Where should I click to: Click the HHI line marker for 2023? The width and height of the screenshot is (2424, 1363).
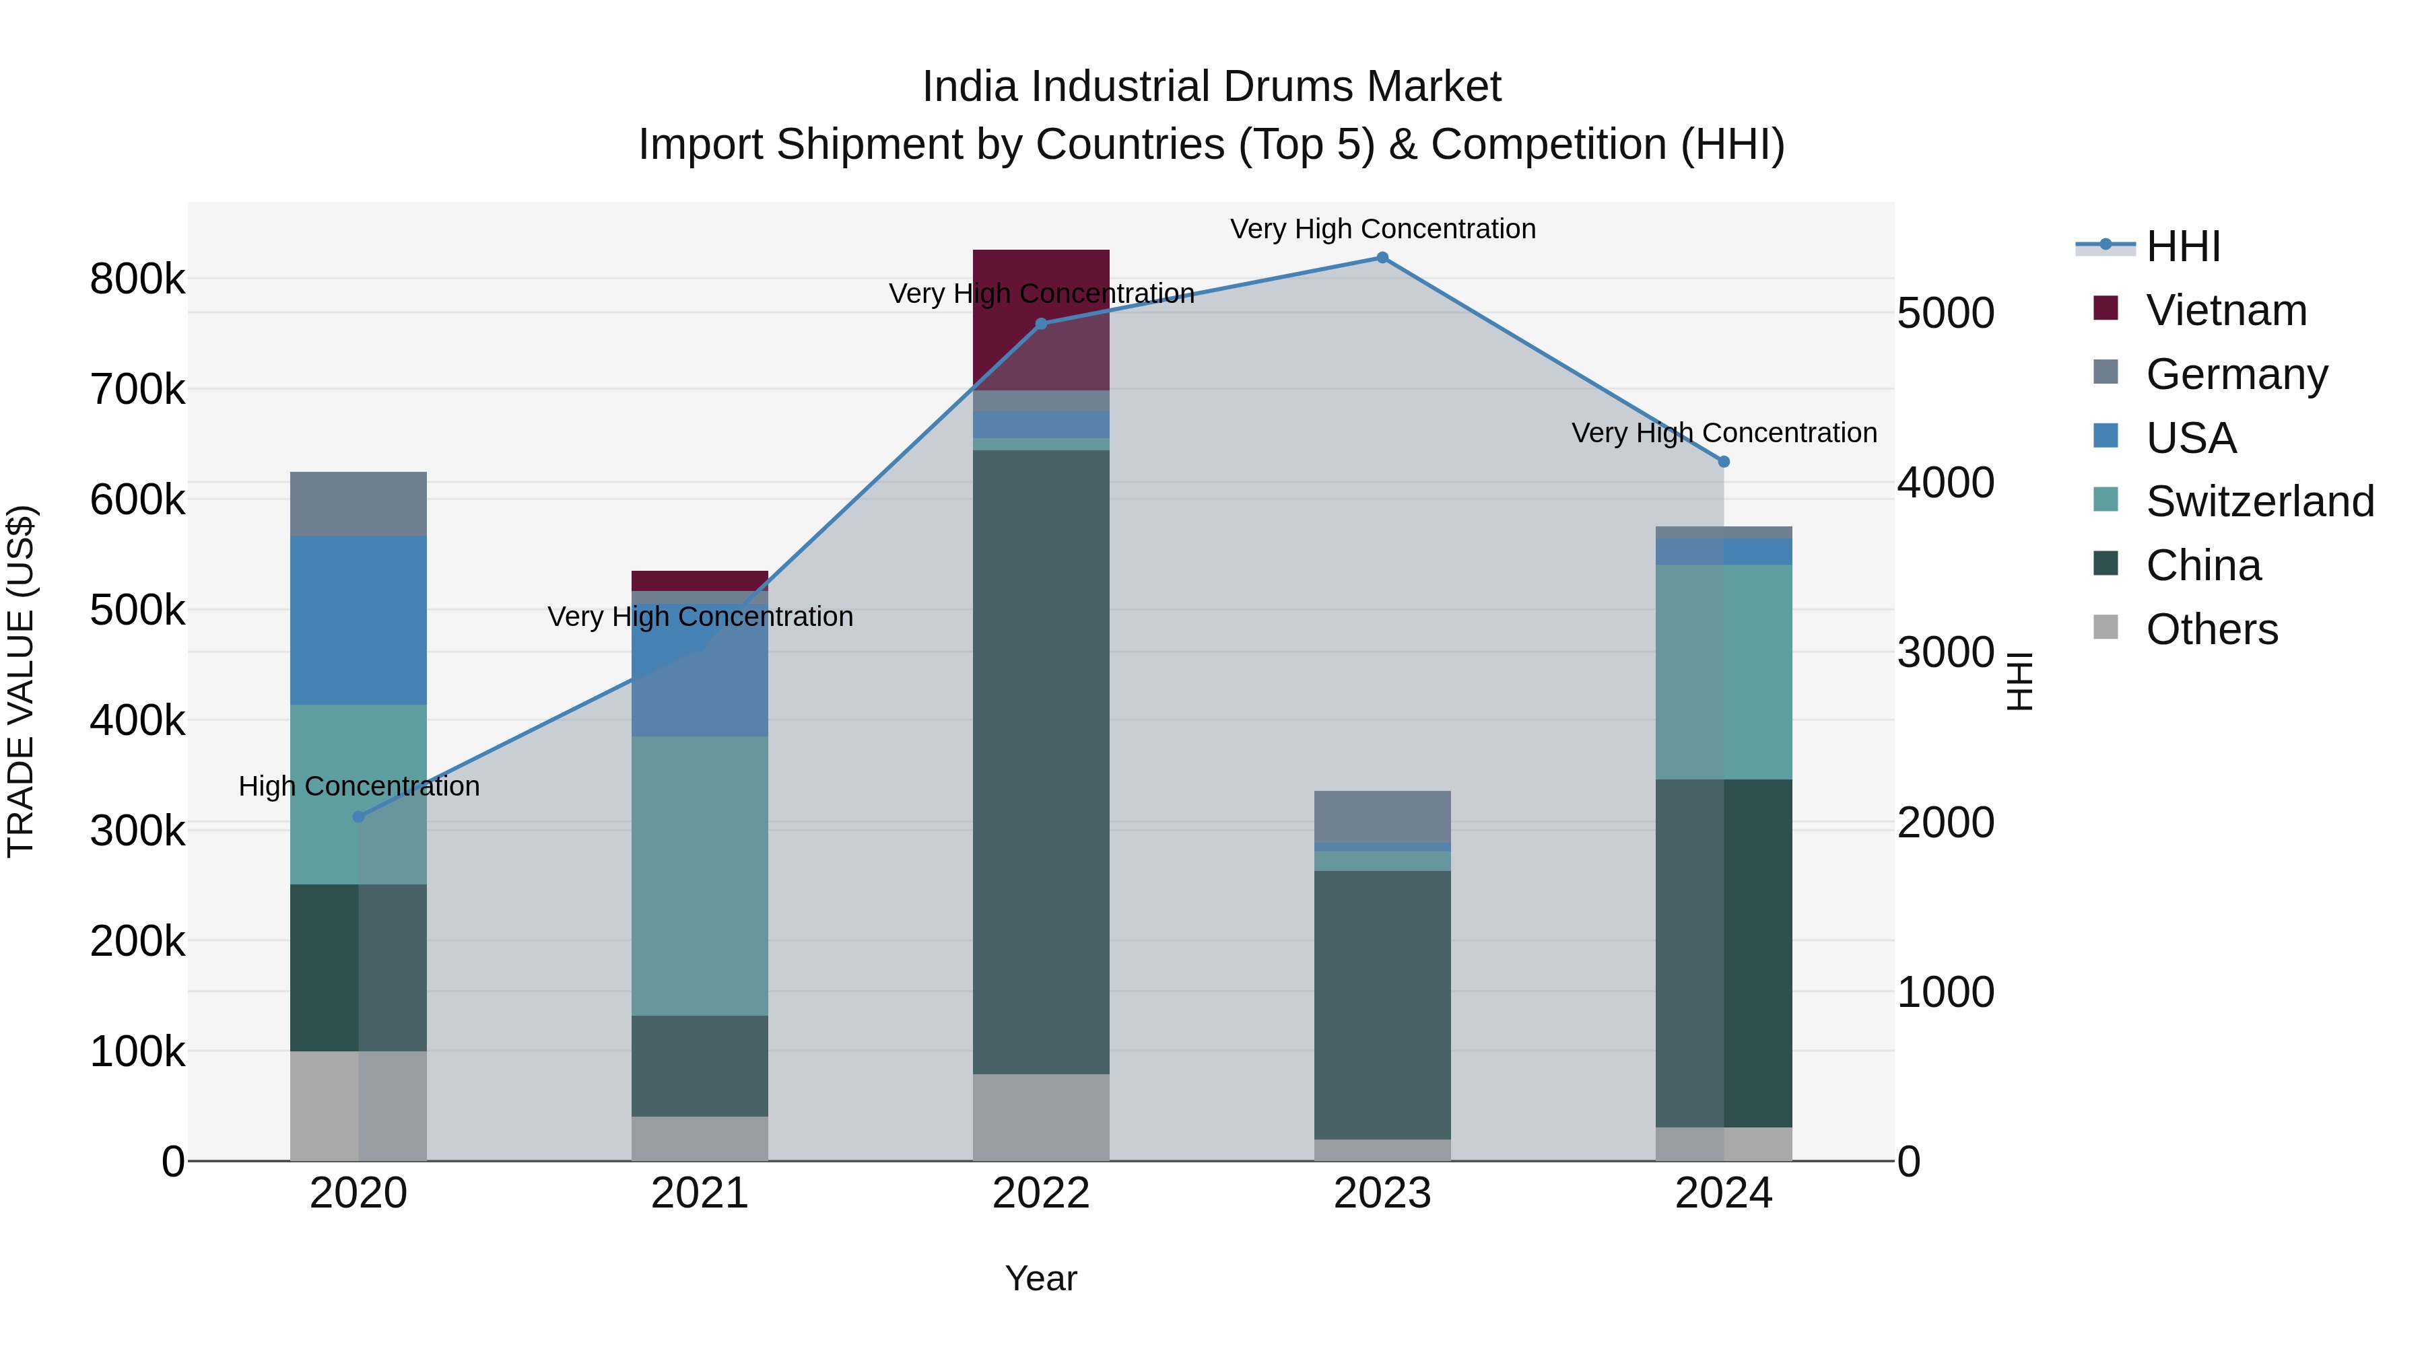[1382, 258]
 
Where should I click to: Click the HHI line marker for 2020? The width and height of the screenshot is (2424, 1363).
[358, 816]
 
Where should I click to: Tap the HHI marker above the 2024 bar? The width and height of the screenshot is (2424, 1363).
[1724, 462]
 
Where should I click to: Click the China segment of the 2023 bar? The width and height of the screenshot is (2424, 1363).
[1382, 1005]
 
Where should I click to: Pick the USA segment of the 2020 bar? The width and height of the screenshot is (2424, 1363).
[358, 620]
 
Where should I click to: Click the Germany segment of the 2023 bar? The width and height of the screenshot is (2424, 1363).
[1382, 816]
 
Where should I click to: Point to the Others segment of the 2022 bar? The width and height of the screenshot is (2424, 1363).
[1041, 1117]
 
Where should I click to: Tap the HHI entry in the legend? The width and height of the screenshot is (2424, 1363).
[2182, 246]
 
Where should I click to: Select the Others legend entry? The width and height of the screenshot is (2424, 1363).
[2211, 629]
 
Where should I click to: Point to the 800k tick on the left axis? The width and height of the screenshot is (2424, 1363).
[137, 279]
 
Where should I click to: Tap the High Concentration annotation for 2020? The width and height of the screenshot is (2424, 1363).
[358, 786]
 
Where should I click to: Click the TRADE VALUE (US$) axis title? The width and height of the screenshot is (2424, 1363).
[21, 681]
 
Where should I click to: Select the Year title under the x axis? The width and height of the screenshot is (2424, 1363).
[1041, 1278]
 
